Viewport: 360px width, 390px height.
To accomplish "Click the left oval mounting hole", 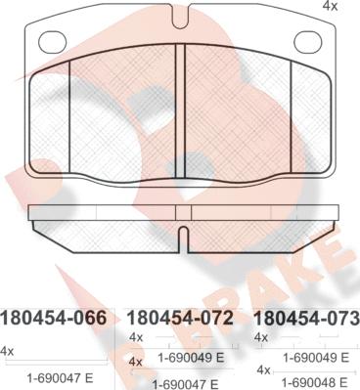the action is [53, 42].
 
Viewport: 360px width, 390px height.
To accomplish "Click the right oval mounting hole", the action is [308, 42].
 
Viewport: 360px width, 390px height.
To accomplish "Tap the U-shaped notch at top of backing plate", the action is [180, 17].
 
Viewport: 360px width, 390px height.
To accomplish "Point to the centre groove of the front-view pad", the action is [180, 110].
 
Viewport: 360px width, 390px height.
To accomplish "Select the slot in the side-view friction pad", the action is [184, 239].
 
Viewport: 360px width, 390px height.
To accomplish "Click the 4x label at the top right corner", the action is [330, 6].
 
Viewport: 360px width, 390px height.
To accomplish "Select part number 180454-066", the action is [54, 318].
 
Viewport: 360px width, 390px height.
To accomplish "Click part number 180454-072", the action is [180, 318].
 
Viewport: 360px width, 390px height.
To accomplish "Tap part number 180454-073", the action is [307, 318].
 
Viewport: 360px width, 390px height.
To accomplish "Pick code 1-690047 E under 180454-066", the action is [60, 378].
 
